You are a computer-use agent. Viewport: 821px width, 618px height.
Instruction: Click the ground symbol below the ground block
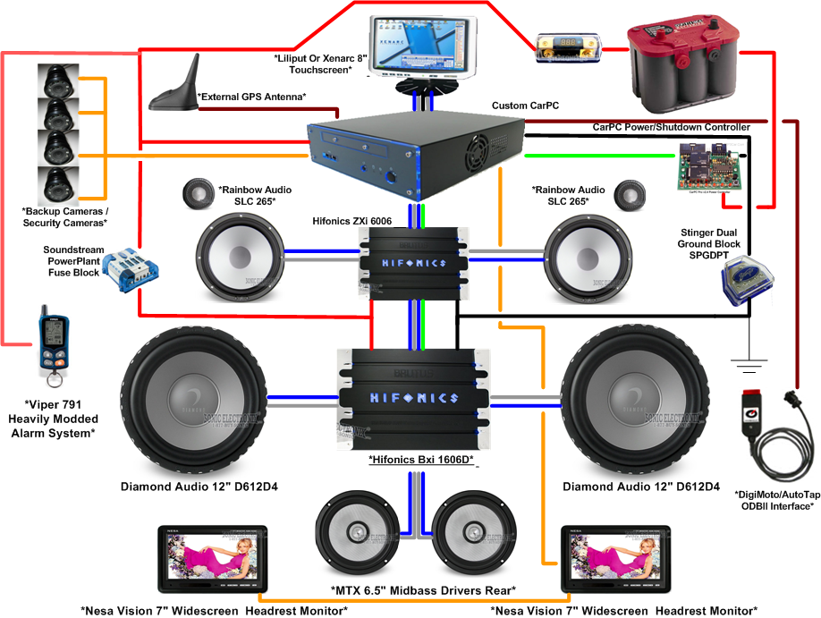pos(749,363)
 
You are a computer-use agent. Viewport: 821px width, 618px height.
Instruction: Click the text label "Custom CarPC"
pos(525,106)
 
